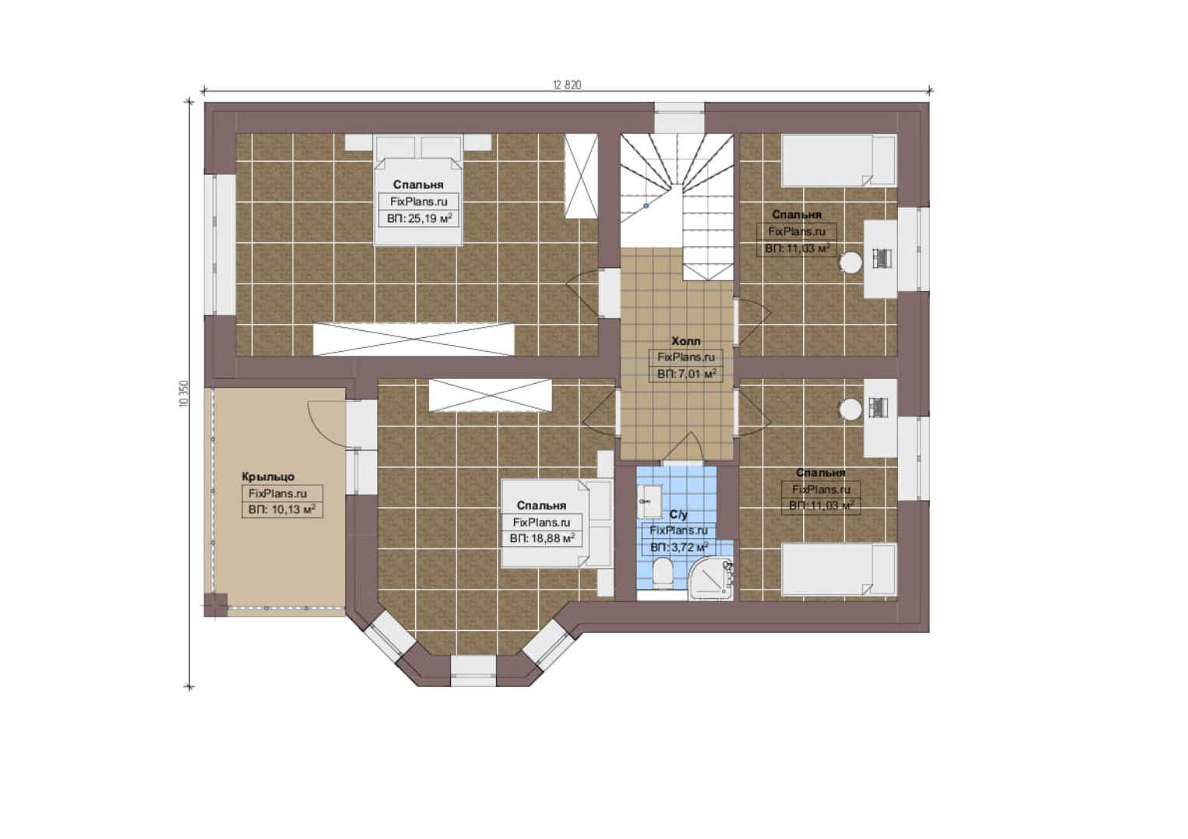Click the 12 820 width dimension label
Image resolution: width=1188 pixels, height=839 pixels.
coord(567,85)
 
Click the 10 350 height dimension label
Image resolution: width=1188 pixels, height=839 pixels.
coord(184,394)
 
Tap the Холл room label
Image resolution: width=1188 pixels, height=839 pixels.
coord(686,341)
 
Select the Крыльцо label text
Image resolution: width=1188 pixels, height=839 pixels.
coord(267,476)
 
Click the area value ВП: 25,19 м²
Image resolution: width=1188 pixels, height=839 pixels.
coord(419,218)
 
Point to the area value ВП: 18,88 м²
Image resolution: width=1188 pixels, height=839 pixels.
coord(542,538)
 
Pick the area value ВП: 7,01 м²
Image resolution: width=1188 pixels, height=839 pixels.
coord(687,374)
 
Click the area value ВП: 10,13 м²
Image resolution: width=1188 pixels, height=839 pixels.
coord(281,510)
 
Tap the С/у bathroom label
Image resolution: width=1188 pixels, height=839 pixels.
coord(678,514)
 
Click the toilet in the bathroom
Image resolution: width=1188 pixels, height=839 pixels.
coord(662,572)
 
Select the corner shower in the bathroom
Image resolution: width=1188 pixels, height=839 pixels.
coord(710,579)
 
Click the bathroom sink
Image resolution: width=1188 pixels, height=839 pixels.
coord(648,501)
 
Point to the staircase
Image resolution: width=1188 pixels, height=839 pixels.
coord(677,207)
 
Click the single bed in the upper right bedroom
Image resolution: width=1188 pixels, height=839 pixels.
coord(838,161)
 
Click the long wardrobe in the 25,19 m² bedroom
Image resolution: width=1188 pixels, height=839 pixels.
coord(414,339)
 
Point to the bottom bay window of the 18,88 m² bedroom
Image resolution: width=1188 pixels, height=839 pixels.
coord(473,670)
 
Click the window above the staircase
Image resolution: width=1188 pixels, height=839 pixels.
coord(680,117)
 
